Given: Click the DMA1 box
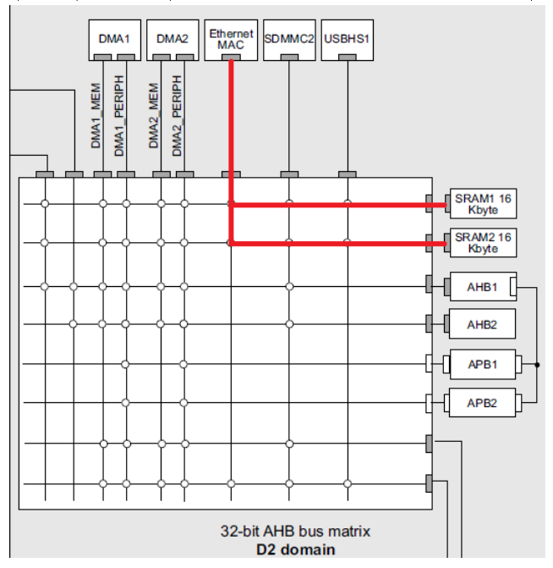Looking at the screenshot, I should [x=114, y=39].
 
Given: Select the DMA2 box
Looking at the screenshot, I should [x=172, y=39].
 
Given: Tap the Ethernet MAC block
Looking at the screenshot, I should [x=231, y=39].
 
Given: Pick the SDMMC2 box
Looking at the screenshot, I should [x=289, y=39].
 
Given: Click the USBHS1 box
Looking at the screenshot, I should [x=347, y=39].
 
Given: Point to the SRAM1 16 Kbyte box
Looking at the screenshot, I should [x=483, y=204].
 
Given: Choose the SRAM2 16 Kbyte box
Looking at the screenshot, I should [x=483, y=243].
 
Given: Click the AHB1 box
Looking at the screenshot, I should [x=482, y=287].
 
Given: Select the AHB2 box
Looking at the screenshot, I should [x=482, y=324].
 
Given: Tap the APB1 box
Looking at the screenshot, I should [x=482, y=365].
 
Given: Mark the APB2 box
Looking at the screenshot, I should [x=482, y=403].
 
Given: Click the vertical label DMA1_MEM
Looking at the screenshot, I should [x=96, y=115].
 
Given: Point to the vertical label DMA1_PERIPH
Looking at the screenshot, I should [x=119, y=115].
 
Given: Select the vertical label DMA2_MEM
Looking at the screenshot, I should [x=154, y=115].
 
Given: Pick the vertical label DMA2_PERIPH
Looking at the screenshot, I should [x=177, y=115].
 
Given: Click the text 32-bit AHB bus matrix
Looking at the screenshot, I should [x=295, y=532].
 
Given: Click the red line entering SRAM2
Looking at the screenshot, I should [x=338, y=244].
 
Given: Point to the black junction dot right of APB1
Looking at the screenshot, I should [x=536, y=365].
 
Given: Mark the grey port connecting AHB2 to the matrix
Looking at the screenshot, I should [x=430, y=324].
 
